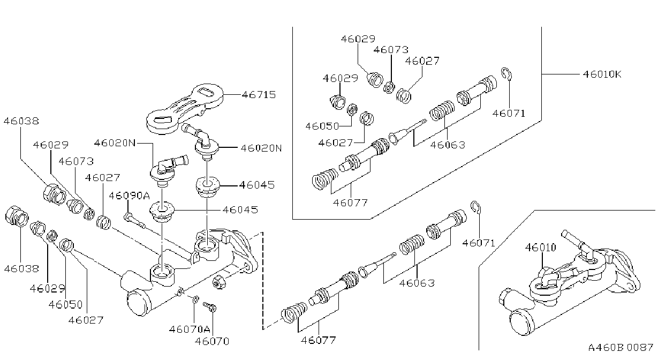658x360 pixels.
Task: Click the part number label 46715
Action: (x=259, y=95)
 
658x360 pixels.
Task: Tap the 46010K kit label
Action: (x=602, y=74)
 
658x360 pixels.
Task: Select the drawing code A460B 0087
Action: (x=621, y=347)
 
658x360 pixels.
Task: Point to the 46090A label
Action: (x=129, y=196)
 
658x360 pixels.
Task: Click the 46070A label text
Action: (x=190, y=329)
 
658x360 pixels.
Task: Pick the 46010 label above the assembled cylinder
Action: (x=541, y=247)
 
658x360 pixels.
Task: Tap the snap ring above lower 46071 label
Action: (x=475, y=208)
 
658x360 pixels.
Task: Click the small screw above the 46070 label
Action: (x=210, y=306)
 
